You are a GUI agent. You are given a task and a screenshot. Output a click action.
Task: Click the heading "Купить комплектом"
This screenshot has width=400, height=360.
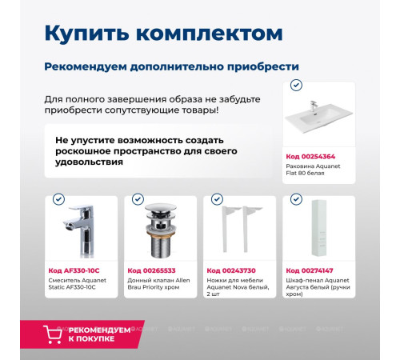[162, 34]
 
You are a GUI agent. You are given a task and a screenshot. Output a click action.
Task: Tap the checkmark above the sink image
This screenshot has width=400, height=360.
[296, 85]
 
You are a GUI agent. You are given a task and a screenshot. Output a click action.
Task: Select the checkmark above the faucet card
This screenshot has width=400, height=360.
[58, 199]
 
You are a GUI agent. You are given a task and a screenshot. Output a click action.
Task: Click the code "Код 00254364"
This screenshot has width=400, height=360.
[310, 156]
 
